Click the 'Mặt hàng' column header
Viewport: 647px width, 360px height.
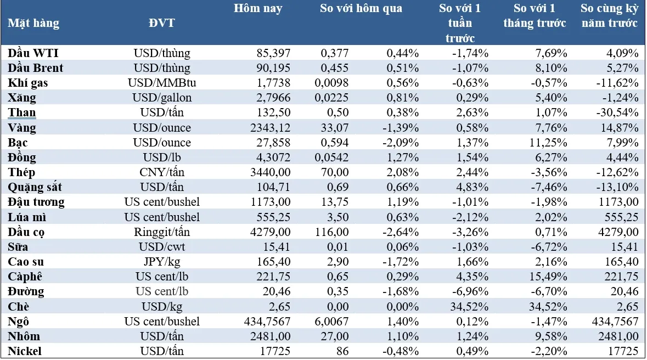pos(33,24)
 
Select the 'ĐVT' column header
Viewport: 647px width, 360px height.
pos(161,24)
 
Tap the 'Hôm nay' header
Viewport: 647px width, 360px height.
pos(258,9)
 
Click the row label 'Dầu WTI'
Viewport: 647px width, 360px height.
pos(33,53)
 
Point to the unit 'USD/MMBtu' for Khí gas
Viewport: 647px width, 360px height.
pos(161,83)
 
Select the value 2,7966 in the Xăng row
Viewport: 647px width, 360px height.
pos(271,98)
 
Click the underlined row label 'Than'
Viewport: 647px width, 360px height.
pos(22,113)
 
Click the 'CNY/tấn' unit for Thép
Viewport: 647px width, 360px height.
pos(161,172)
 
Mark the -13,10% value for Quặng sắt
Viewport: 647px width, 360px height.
pos(618,187)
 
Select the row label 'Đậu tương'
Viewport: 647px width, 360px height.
pos(36,202)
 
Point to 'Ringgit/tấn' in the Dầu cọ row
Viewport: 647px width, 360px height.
pos(161,232)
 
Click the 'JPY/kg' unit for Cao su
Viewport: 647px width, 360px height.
pos(161,262)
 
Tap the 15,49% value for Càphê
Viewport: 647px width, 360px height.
pos(549,277)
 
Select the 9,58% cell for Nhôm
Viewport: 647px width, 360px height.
pos(552,336)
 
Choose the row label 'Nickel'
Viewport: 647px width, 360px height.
pos(25,351)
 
